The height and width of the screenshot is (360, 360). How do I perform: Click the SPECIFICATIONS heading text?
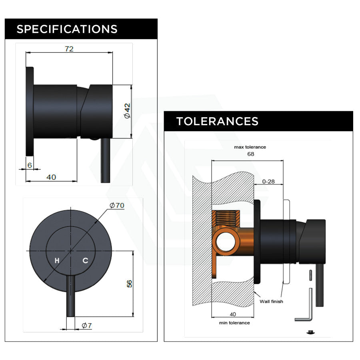tap(67, 29)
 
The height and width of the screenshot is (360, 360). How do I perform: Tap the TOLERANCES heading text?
tap(217, 121)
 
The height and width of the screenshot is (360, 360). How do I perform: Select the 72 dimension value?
tap(69, 49)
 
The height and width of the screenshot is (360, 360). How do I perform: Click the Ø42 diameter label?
tap(127, 110)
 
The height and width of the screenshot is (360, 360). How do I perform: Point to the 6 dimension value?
tap(29, 165)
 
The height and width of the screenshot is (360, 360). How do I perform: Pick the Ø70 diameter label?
tap(117, 205)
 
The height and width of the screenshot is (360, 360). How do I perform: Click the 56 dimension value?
tap(129, 284)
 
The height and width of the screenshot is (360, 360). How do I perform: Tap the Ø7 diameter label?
tap(87, 326)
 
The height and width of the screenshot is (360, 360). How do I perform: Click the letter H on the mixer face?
tap(57, 261)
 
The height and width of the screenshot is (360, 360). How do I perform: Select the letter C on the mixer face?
tap(85, 261)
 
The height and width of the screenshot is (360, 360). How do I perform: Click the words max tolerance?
tap(250, 147)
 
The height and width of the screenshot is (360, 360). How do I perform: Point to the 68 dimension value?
tap(250, 154)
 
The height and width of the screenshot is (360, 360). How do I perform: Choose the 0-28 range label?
tap(268, 181)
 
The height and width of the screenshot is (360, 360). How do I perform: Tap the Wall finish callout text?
tap(271, 301)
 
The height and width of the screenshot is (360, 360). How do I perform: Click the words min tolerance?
tap(234, 322)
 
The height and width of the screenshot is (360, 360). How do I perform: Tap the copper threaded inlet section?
tap(227, 218)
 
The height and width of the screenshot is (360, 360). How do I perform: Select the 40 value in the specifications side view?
tap(51, 177)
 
